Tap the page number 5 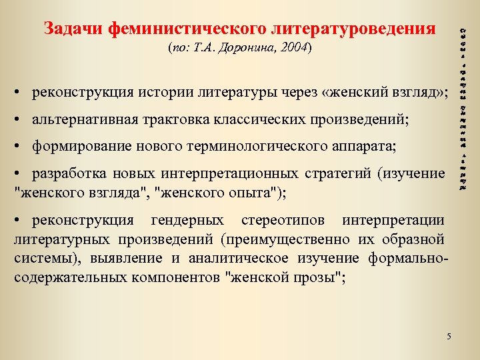[x=449, y=335]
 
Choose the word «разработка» [x=67, y=174]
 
